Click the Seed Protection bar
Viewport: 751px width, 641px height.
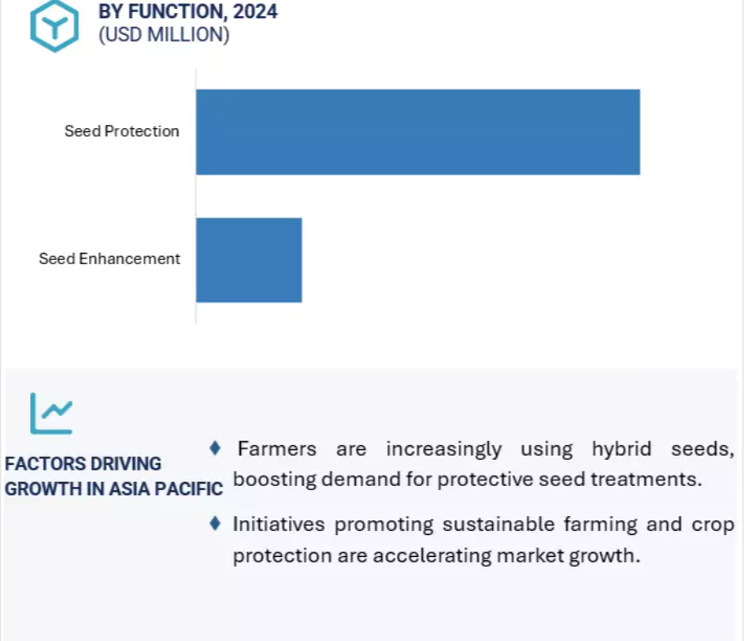coord(418,132)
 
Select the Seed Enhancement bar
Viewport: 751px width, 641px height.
coord(249,260)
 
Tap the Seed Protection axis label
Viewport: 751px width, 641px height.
coord(122,131)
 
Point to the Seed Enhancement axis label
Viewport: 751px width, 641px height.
coord(109,259)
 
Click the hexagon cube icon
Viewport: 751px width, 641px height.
coord(54,25)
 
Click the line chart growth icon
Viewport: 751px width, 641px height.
coord(51,413)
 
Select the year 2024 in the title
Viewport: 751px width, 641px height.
coord(256,11)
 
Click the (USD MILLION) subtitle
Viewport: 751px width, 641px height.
coord(164,35)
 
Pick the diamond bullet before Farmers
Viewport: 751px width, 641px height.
coord(215,449)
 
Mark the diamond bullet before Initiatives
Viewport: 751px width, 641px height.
coord(215,524)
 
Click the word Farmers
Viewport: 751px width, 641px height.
coord(277,449)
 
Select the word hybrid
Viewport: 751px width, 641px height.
coord(621,449)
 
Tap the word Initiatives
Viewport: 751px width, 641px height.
coord(278,524)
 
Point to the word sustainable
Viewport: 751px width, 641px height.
coord(498,524)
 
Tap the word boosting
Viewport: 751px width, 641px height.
coord(275,480)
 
